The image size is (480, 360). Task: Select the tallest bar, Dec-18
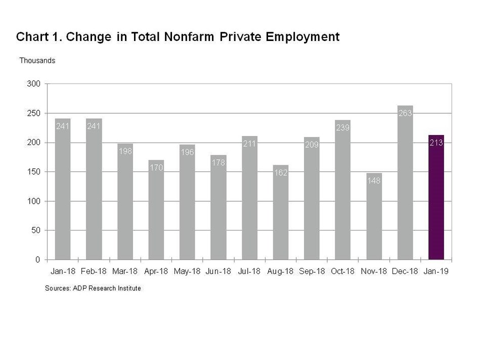click(x=405, y=187)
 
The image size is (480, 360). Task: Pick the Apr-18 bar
click(x=156, y=212)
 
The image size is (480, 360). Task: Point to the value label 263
click(x=405, y=114)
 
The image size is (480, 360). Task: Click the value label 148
click(x=374, y=181)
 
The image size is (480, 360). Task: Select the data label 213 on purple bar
click(x=436, y=143)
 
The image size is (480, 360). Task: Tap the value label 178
click(x=219, y=163)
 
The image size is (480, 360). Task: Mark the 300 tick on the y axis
click(x=34, y=84)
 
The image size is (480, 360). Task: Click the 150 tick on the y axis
click(x=34, y=172)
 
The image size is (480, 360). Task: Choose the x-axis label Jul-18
click(x=249, y=272)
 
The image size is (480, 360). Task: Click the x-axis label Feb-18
click(x=94, y=272)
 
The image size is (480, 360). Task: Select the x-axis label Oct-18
click(x=343, y=272)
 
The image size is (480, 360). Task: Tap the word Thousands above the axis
click(x=37, y=61)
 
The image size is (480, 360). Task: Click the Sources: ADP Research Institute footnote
click(x=93, y=288)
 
